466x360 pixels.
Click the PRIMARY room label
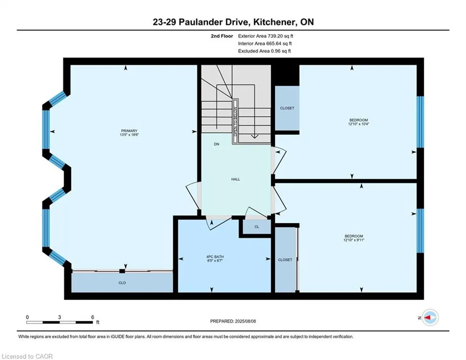129,131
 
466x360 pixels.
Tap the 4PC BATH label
215,257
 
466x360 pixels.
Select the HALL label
236,180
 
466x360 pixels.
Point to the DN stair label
217,144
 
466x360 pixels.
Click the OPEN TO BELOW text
236,121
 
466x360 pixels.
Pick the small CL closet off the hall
257,227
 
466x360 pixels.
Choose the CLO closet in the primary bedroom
122,283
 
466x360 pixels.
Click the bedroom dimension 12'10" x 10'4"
359,124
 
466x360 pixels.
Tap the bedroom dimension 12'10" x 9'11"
354,240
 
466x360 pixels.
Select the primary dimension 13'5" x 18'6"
129,135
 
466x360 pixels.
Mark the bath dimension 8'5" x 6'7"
215,261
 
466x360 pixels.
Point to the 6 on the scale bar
93,317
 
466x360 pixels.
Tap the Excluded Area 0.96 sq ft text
265,51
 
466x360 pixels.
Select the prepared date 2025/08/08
245,321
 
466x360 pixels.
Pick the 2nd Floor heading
222,36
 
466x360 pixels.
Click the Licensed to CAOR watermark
27,356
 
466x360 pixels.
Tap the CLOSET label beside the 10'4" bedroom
287,108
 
